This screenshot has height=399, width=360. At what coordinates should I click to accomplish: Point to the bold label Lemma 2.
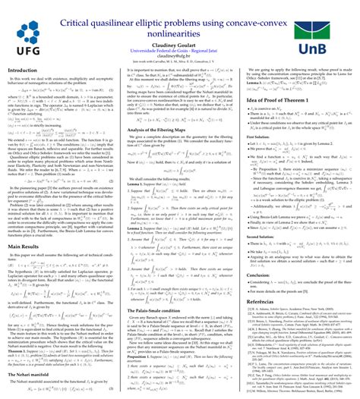[134, 226]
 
